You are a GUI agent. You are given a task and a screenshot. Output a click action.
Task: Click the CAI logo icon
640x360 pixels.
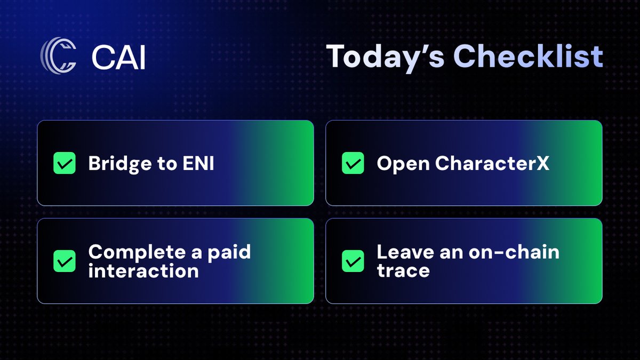point(58,55)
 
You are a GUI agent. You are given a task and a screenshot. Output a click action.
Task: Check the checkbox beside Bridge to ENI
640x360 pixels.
point(65,163)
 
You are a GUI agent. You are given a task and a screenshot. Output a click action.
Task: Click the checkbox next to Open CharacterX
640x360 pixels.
point(353,163)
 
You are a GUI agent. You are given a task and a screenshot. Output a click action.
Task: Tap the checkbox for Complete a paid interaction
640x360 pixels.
point(65,261)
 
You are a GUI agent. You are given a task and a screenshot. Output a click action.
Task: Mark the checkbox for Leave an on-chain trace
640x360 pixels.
point(353,261)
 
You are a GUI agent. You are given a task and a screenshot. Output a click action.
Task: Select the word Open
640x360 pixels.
point(403,164)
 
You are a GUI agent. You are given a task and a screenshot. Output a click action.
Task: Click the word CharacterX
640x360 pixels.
point(492,164)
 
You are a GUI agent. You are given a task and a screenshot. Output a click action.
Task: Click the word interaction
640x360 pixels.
point(143,270)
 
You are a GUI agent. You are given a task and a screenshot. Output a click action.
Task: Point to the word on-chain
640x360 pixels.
point(514,252)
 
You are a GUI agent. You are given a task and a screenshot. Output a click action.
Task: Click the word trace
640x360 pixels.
point(403,270)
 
